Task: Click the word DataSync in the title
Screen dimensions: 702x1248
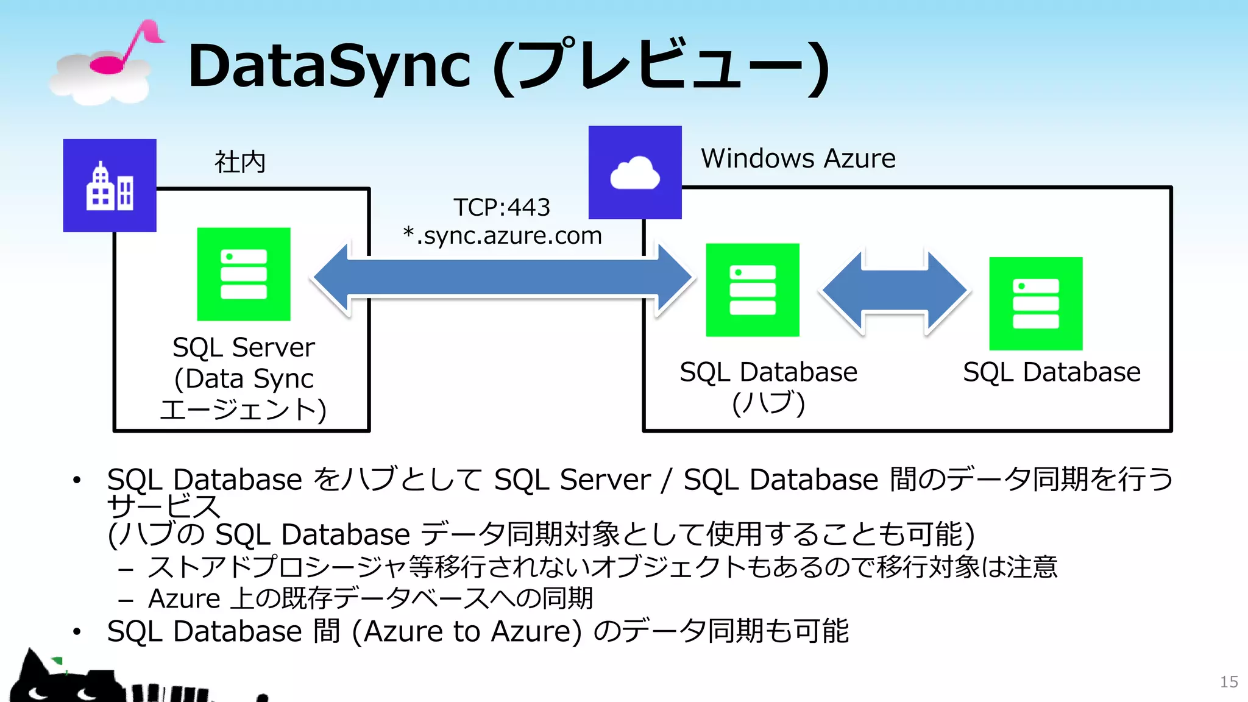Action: [329, 66]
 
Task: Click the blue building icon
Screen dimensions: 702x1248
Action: [110, 186]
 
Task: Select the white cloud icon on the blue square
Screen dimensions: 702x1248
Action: [635, 173]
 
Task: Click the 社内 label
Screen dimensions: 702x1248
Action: [239, 162]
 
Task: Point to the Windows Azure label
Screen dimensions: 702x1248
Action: [798, 158]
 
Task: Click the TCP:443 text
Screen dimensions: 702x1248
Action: [502, 207]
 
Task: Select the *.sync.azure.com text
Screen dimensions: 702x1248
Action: [502, 235]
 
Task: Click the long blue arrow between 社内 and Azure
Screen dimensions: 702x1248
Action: [503, 278]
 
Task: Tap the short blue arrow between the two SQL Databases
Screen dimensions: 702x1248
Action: [895, 291]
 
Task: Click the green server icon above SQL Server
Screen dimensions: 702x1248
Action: [244, 274]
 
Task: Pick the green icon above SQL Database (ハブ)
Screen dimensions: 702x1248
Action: [753, 290]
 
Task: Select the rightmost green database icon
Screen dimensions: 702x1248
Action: [1036, 303]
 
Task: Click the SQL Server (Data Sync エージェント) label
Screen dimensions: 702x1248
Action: [243, 378]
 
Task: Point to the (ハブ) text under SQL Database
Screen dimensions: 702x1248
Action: [768, 403]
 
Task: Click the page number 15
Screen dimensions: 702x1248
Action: [1228, 682]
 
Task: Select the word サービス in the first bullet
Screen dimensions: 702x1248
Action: [163, 506]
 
